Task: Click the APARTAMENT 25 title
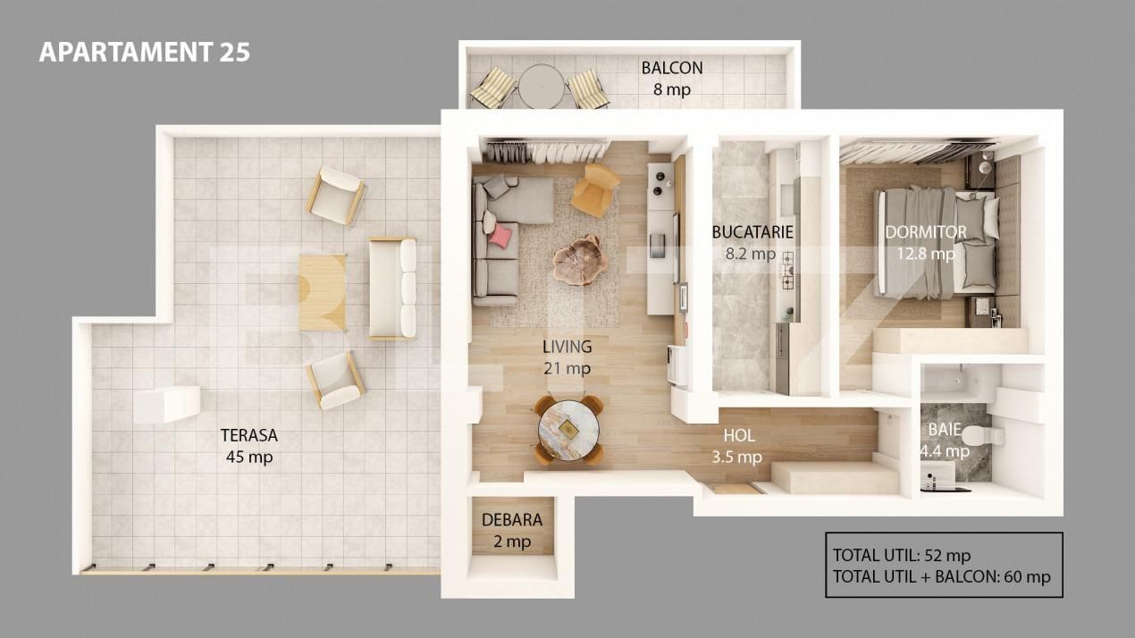coord(144,52)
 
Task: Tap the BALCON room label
coord(671,68)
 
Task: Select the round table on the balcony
coord(542,87)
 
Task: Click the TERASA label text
coord(249,436)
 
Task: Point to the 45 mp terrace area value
coord(249,458)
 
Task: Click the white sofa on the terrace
coord(393,288)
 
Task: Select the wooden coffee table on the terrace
coord(322,292)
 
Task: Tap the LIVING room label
coord(567,347)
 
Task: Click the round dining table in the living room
coord(568,429)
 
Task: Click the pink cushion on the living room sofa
coord(501,235)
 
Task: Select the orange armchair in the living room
coord(595,189)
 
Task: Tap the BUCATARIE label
coord(752,233)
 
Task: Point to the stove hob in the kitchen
coord(787,271)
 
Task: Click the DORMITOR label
coord(925,232)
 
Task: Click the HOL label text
coord(738,436)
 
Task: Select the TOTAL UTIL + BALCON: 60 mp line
coord(941,576)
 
